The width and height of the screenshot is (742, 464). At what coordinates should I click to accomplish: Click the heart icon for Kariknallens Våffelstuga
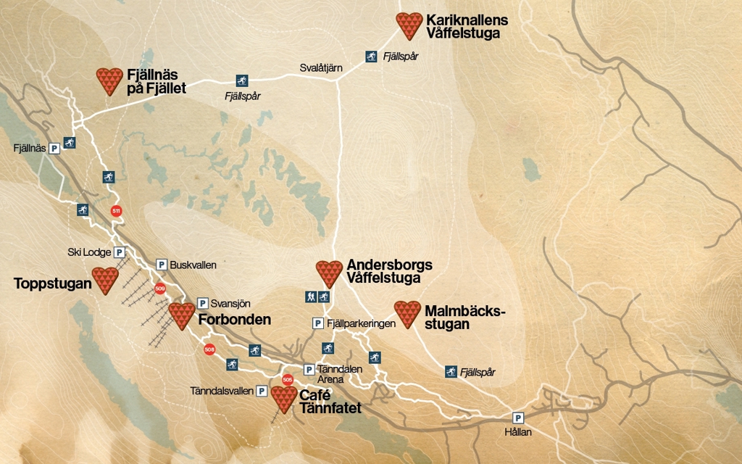pos(409,25)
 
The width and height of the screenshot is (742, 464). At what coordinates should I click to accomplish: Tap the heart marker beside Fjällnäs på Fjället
pos(110,80)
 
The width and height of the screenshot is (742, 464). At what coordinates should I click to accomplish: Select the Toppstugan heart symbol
pos(105,280)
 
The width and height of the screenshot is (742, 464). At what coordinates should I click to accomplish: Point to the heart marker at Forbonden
pos(182,315)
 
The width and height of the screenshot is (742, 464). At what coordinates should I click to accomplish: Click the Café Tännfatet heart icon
pos(284,399)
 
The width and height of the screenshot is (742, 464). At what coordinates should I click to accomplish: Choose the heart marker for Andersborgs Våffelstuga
pos(330,273)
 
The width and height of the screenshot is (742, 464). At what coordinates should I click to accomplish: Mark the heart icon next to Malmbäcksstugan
pos(407,314)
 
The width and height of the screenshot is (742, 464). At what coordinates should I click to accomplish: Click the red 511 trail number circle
pos(116,211)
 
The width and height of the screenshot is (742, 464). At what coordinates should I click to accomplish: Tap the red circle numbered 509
pos(160,289)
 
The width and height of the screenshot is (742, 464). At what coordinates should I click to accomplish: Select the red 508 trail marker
pos(209,349)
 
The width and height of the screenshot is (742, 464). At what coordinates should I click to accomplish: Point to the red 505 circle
pos(287,379)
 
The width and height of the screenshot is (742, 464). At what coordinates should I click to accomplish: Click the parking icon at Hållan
pos(518,418)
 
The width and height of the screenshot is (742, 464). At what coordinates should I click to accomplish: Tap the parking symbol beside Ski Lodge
pos(120,252)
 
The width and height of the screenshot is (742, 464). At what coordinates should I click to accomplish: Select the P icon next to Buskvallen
pos(162,265)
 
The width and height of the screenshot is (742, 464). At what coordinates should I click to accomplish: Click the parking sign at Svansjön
pos(203,303)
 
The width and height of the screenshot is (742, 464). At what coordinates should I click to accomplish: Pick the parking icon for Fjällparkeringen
pos(318,323)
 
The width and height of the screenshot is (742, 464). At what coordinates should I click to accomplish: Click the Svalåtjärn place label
pos(321,68)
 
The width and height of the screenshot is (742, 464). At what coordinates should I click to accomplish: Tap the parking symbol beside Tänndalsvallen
pos(262,391)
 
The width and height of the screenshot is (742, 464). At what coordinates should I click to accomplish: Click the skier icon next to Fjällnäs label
pos(70,143)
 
